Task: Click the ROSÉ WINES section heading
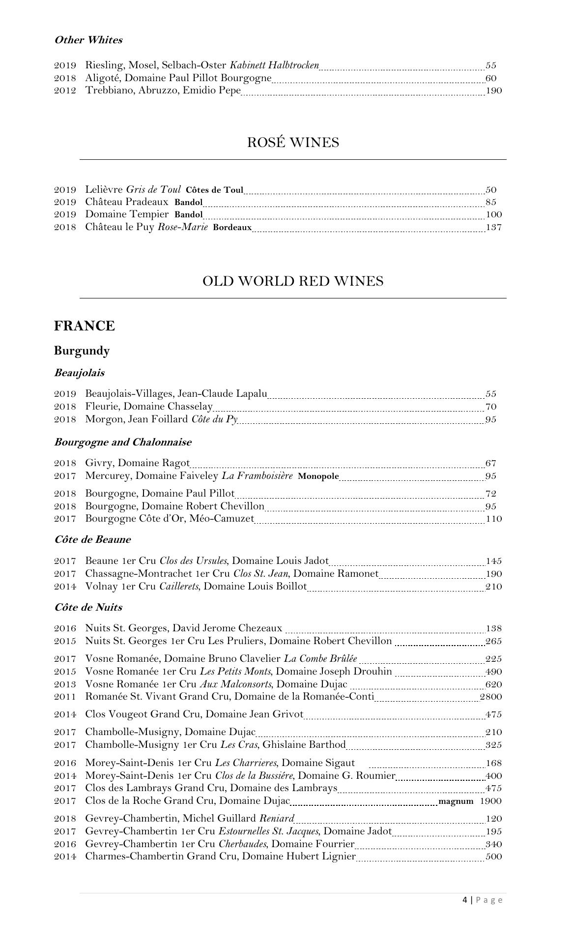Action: [x=293, y=143]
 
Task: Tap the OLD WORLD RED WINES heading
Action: [x=293, y=281]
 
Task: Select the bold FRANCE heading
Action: [x=85, y=326]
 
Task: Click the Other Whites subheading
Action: [x=88, y=40]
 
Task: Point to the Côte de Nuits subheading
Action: [x=88, y=607]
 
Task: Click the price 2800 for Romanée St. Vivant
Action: [x=491, y=697]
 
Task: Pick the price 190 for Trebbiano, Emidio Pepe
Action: [x=494, y=90]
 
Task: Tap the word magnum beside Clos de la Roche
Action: [x=456, y=801]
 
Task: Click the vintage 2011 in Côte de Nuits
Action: [x=65, y=697]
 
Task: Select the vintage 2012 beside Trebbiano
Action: [x=65, y=90]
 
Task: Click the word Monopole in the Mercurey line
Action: [x=318, y=476]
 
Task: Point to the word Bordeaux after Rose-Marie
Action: [x=232, y=228]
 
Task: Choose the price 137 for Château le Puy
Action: [x=494, y=227]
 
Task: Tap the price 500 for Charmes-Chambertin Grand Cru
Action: [x=494, y=856]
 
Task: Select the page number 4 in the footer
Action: [x=465, y=900]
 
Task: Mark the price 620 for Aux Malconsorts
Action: [x=494, y=684]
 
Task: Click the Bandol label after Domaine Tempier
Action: [x=188, y=215]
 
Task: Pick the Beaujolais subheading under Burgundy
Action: [x=79, y=373]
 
